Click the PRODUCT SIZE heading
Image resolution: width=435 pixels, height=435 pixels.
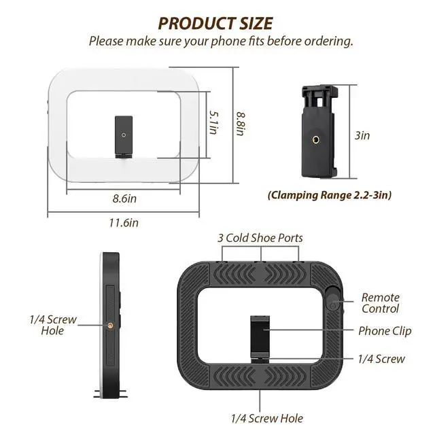coord(215,23)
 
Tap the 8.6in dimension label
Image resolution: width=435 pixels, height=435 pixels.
coord(124,198)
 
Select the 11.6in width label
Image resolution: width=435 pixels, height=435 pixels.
coord(124,223)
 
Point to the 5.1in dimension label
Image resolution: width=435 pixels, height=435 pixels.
coord(214,122)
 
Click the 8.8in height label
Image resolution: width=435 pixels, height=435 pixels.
coord(241,124)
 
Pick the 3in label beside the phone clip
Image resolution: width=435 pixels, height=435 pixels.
coord(362,135)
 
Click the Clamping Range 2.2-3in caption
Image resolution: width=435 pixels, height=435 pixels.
coord(330,195)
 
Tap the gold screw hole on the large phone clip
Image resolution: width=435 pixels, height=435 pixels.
coord(315,139)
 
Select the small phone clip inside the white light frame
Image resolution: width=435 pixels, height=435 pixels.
coord(124,137)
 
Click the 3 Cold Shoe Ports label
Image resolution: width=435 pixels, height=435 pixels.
coord(260,238)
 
